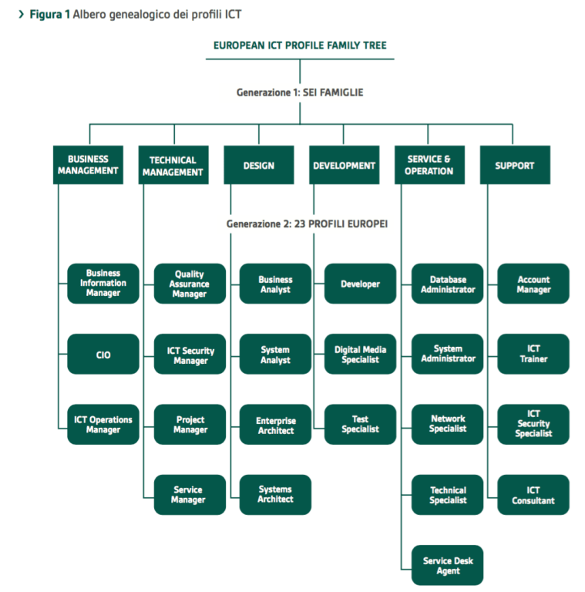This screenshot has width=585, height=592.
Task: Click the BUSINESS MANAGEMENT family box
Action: click(x=88, y=165)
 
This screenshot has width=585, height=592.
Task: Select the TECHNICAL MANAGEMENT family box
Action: click(x=173, y=166)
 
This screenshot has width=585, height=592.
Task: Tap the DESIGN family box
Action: click(x=258, y=165)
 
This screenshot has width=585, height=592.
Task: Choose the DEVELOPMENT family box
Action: click(x=344, y=165)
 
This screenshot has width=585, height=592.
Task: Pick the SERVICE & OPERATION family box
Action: click(x=429, y=165)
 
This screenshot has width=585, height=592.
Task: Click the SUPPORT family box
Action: click(x=514, y=165)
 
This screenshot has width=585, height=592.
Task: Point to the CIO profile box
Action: click(x=103, y=355)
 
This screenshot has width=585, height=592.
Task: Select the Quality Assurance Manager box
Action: click(x=190, y=284)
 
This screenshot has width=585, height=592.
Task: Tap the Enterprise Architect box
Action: click(x=275, y=425)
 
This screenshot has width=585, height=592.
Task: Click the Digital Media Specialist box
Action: click(x=360, y=355)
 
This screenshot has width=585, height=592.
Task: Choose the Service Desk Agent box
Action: click(x=448, y=566)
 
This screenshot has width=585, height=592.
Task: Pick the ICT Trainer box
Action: click(x=533, y=354)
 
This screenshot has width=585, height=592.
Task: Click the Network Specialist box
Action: click(x=448, y=424)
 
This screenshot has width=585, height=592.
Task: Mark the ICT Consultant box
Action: click(x=533, y=495)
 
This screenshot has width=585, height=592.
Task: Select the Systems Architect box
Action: click(x=275, y=495)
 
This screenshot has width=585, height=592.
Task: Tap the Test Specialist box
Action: click(x=360, y=425)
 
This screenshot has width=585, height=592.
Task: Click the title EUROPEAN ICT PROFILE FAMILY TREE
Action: click(x=300, y=45)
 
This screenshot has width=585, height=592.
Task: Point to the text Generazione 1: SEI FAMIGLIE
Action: click(x=300, y=92)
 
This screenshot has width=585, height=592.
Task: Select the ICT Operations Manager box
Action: click(x=103, y=425)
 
